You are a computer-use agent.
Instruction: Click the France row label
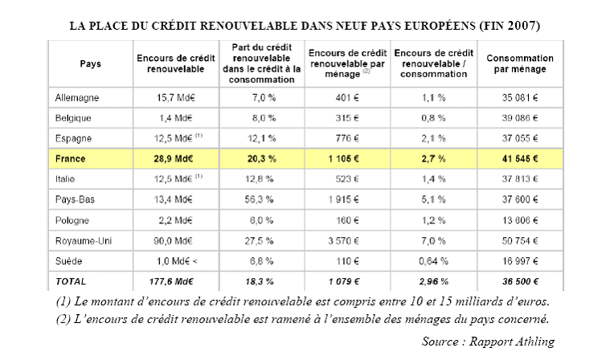pos(71,159)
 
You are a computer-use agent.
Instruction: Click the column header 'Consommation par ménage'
pos(520,63)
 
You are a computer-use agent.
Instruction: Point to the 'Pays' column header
pos(91,63)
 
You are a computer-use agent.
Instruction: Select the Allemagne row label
pos(79,97)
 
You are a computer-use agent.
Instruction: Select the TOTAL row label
pos(71,282)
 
